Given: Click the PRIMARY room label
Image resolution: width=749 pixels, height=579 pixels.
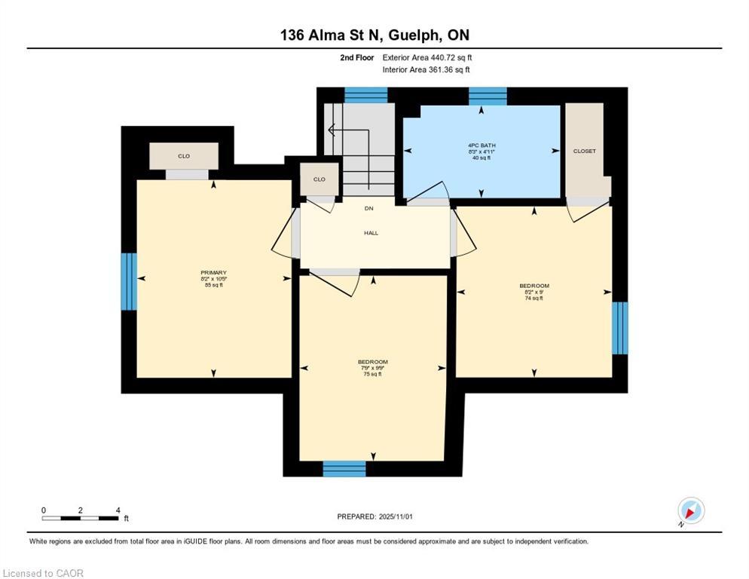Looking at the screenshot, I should pyautogui.click(x=213, y=273).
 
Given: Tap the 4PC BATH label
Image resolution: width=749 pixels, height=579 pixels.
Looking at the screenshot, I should pyautogui.click(x=481, y=145).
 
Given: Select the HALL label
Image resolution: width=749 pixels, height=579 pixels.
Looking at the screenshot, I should pyautogui.click(x=371, y=233).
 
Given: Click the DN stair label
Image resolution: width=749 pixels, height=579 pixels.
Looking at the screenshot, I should pyautogui.click(x=368, y=208).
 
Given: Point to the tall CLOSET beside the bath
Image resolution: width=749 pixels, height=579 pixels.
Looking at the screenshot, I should pyautogui.click(x=585, y=151).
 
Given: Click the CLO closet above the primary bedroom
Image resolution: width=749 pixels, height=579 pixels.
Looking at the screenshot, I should pyautogui.click(x=184, y=156).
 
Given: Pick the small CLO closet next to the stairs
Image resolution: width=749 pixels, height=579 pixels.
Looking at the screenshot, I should pyautogui.click(x=319, y=179).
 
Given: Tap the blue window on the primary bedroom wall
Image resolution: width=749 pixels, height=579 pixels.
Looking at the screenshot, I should pyautogui.click(x=129, y=281).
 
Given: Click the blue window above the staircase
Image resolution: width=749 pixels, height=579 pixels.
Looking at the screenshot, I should pyautogui.click(x=365, y=95).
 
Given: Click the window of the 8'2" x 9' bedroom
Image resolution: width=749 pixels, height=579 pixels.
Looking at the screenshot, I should pyautogui.click(x=619, y=327).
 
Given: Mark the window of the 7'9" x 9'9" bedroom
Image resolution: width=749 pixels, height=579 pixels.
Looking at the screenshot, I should pyautogui.click(x=344, y=469).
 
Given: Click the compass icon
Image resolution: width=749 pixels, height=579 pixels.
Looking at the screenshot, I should pyautogui.click(x=690, y=510).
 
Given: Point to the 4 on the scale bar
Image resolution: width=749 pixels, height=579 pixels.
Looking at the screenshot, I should pyautogui.click(x=118, y=510).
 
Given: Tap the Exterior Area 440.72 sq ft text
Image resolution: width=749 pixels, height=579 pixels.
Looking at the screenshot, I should pyautogui.click(x=427, y=57).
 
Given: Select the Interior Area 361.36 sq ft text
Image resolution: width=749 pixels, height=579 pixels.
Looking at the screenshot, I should pyautogui.click(x=426, y=70).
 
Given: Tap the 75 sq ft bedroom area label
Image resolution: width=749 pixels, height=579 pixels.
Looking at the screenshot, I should pyautogui.click(x=372, y=374).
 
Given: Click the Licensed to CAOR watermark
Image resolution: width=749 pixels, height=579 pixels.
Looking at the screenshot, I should pyautogui.click(x=43, y=573).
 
